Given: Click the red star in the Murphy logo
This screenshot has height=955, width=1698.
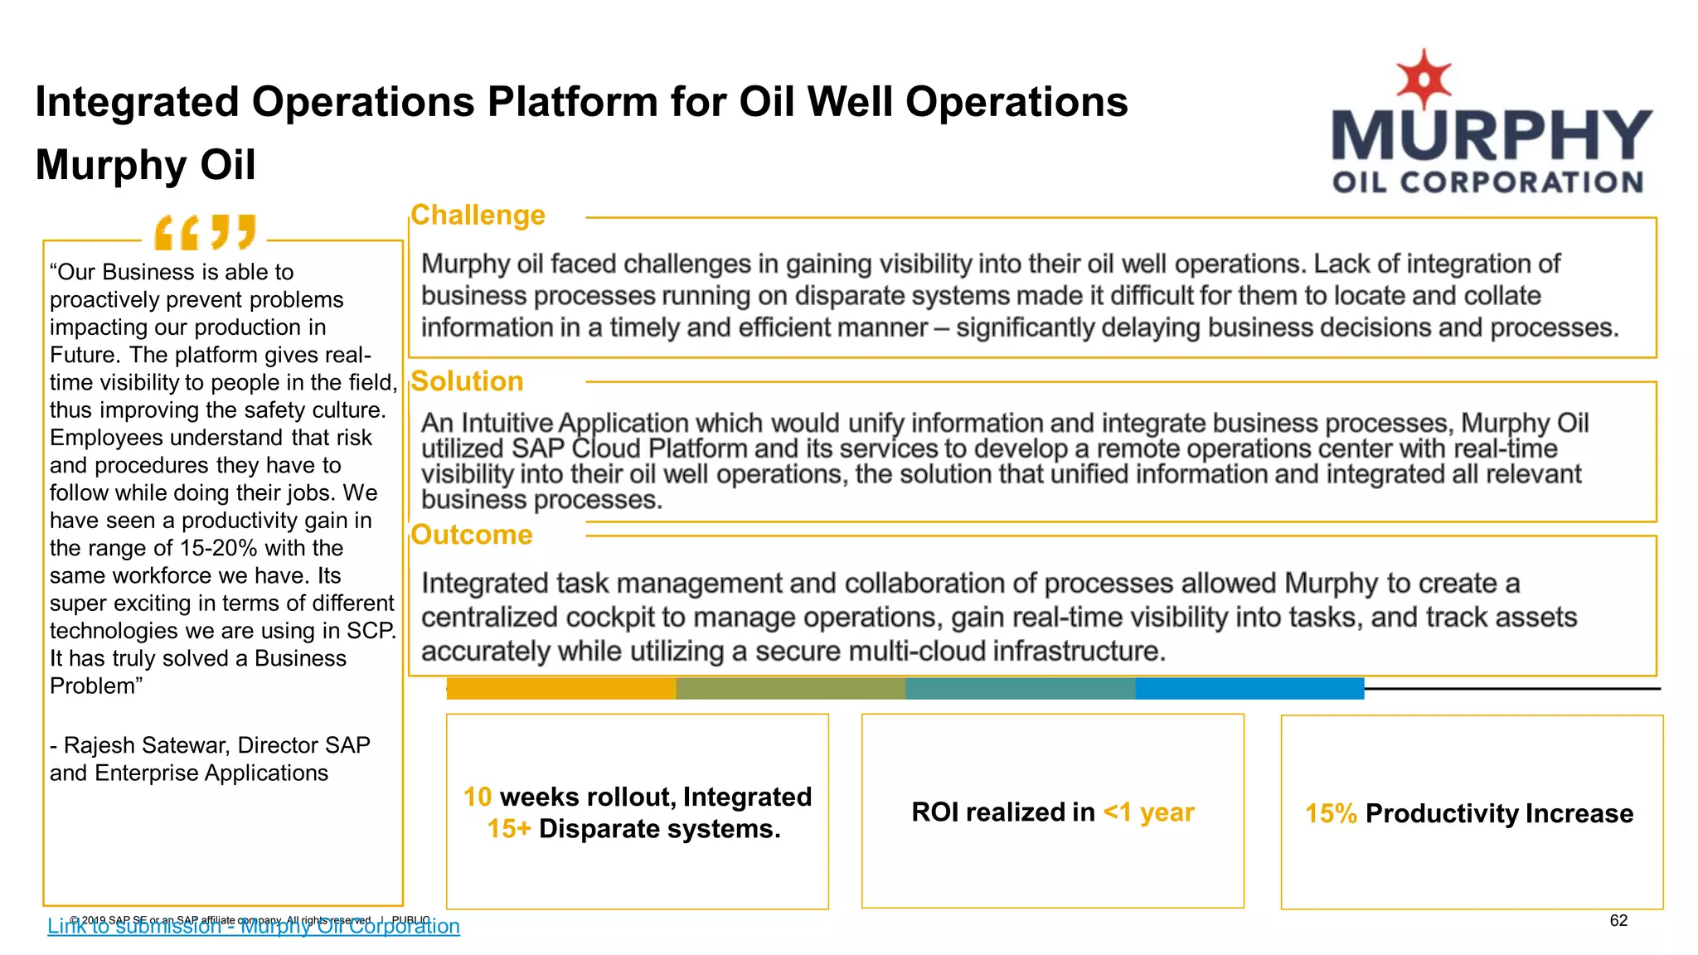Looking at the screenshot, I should click(1424, 78).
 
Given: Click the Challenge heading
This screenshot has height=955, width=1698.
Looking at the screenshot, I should click(478, 216).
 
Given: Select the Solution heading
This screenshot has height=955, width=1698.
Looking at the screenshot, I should click(467, 381).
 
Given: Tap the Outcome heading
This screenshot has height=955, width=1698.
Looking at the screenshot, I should click(471, 535).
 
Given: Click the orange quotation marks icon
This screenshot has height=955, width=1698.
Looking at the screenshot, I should click(205, 232).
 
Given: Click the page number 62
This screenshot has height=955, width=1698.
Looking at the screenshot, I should click(1618, 920).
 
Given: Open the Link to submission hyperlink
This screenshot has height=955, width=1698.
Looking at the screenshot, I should click(253, 927).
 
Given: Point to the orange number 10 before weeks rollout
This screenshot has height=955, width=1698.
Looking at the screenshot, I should click(478, 797).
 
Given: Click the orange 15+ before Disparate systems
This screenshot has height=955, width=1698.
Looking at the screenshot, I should click(508, 828).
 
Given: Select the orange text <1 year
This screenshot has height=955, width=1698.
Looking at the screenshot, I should click(1148, 812).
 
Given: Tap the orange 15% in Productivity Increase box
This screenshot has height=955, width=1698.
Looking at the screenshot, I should click(1331, 813).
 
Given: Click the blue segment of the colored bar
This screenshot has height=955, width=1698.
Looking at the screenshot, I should click(1249, 688).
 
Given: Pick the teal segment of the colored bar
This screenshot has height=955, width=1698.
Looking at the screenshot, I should click(1020, 688).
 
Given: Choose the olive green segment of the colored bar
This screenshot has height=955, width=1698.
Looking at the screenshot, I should click(790, 688).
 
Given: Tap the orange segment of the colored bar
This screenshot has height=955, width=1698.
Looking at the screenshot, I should click(561, 688).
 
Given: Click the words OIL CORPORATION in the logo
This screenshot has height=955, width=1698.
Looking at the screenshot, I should click(1487, 182).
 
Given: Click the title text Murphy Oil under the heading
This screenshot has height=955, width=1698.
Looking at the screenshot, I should click(146, 164).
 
